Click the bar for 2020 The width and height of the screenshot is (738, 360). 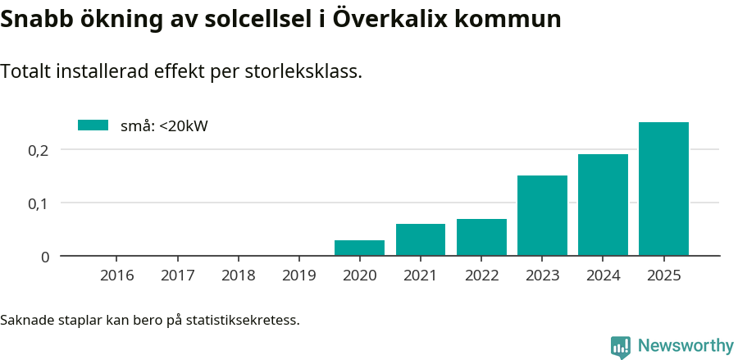tap(359, 248)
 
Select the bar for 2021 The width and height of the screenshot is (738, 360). tap(420, 239)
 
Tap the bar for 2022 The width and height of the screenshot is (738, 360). tap(481, 237)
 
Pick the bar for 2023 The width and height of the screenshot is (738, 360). tap(542, 216)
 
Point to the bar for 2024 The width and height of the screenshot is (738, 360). tap(603, 205)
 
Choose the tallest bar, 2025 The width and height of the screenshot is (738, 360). tap(663, 189)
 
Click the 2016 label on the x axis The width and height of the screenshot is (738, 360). tap(117, 276)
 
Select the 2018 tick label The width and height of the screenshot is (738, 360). tap(239, 276)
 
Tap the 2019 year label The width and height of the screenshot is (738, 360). tap(299, 276)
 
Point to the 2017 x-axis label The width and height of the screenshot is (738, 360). tap(178, 276)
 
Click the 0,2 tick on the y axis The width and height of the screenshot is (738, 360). tap(39, 150)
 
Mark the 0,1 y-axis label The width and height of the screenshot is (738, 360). tap(39, 203)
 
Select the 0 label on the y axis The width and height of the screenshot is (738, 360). tap(44, 257)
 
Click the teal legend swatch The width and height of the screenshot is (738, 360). tap(93, 125)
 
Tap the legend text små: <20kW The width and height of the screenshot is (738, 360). tap(164, 126)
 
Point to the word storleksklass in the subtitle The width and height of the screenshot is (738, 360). tap(303, 72)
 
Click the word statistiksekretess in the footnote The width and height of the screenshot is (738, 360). tap(243, 319)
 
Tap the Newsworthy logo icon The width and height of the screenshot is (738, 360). tap(621, 347)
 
